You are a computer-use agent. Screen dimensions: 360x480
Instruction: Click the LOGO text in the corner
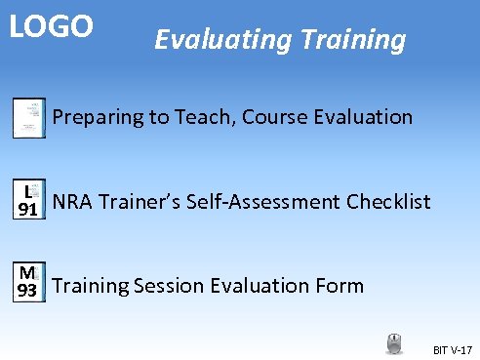[51, 26]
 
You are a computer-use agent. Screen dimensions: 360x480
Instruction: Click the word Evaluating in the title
[212, 40]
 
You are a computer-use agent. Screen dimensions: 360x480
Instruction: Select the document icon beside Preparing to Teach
[28, 118]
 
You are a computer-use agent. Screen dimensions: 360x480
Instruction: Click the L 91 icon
[28, 202]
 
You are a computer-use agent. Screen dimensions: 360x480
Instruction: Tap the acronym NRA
[72, 202]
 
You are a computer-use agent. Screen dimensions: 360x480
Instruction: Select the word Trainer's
[136, 202]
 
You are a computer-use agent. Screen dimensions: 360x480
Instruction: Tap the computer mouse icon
[393, 343]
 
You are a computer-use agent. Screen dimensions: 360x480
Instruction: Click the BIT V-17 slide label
[451, 349]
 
